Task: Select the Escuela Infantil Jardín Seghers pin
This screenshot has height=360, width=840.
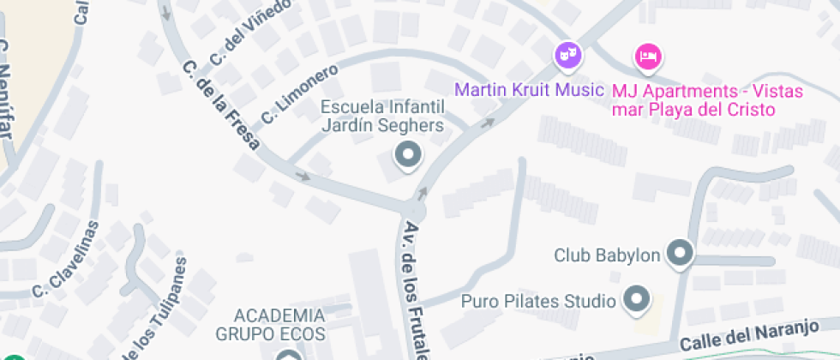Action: click(x=407, y=156)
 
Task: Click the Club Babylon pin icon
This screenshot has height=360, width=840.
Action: click(x=681, y=254)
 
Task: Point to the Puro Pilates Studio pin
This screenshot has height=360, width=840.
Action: click(x=636, y=300)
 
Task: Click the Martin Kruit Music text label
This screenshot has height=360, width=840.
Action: click(x=528, y=89)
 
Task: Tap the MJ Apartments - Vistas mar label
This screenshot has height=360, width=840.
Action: click(x=693, y=99)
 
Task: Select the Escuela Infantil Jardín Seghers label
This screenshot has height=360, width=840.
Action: click(x=382, y=117)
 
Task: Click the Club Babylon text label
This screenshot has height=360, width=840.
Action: click(x=606, y=255)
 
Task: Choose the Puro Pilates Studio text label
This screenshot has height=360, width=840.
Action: click(x=538, y=301)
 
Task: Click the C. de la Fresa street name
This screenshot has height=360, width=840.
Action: click(x=222, y=104)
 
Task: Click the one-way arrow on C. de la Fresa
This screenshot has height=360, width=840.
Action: click(x=303, y=176)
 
